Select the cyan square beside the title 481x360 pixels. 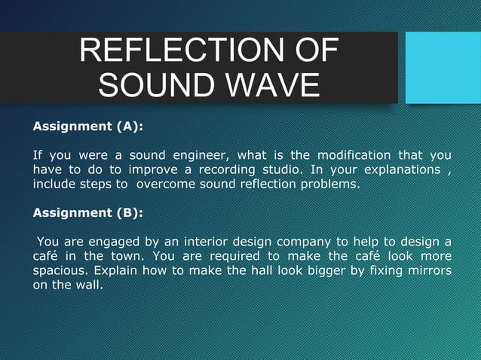[443, 67]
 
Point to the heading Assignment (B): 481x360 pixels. [87, 212]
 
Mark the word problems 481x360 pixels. [329, 184]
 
